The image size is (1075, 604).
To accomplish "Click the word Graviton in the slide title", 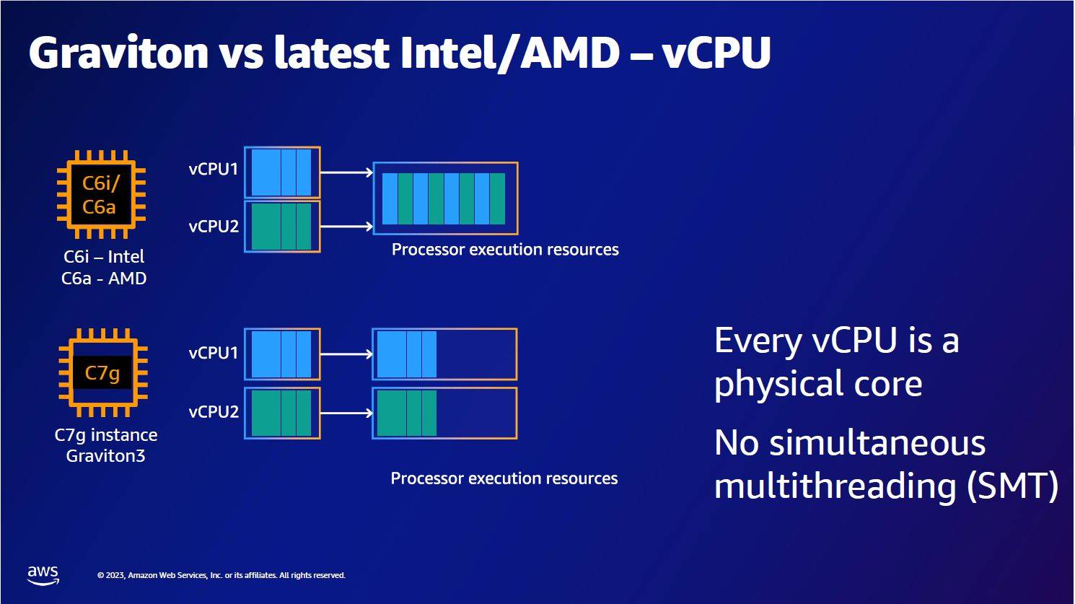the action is (x=118, y=53).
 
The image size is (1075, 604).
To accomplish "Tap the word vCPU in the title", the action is (x=716, y=52).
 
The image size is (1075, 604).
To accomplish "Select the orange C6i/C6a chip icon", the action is (x=101, y=194).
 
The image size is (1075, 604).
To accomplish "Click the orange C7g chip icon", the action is (x=103, y=372).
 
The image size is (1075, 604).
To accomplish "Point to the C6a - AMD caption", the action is (x=104, y=278).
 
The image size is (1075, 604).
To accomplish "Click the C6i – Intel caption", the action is (x=104, y=256).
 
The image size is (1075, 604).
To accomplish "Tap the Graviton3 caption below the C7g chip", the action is (x=105, y=455).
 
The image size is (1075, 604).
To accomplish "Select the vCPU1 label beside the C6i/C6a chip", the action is (x=214, y=169).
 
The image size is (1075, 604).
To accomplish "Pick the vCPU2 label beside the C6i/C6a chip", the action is (x=214, y=226).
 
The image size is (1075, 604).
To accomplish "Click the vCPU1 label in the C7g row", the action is (x=214, y=353).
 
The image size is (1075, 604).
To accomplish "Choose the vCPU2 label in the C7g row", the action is (x=214, y=412).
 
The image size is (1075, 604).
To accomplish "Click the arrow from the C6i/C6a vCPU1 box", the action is (x=346, y=172).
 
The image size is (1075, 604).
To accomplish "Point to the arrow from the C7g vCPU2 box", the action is (x=346, y=413).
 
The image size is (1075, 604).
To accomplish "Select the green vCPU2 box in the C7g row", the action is (x=282, y=413).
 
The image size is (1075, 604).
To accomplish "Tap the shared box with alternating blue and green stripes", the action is (x=445, y=198).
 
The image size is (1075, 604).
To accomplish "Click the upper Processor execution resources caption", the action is (x=505, y=249).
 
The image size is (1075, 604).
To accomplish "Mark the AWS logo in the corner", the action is (x=43, y=575).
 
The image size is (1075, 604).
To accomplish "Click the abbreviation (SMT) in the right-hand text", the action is (x=1012, y=486).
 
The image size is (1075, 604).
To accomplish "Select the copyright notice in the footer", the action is (x=221, y=575).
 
